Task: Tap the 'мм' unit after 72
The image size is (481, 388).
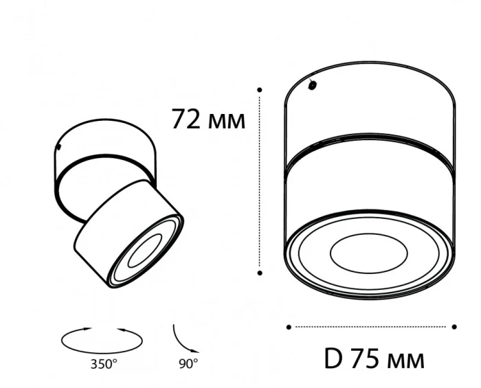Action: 225,122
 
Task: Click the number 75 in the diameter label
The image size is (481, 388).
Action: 365,358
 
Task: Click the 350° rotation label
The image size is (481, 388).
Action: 103,363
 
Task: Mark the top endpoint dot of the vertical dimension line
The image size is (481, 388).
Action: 260,89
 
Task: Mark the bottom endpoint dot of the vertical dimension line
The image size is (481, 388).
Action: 260,273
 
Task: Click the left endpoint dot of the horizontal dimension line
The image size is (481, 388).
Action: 288,327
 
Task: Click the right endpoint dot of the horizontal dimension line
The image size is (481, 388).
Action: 455,327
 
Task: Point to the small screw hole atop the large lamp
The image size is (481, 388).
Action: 313,86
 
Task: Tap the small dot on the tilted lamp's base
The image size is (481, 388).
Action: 60,147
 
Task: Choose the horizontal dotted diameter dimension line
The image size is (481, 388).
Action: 371,327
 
